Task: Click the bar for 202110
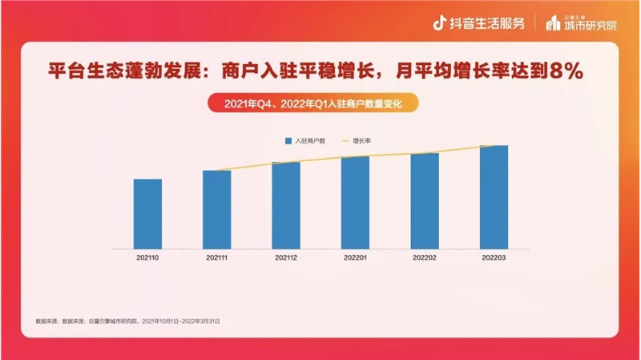coord(147,213)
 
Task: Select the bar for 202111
coord(216,209)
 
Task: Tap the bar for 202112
coord(286,205)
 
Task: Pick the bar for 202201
coord(355,202)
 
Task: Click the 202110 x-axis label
coord(147,257)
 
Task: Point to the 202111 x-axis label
coord(216,257)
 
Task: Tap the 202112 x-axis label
coord(286,257)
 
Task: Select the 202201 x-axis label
coord(355,257)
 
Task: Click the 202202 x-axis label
coord(425,257)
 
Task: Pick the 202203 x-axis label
coord(494,257)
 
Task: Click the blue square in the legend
coord(289,141)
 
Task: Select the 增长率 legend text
coord(361,141)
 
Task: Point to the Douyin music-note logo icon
coord(439,22)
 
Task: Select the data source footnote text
coord(128,320)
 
